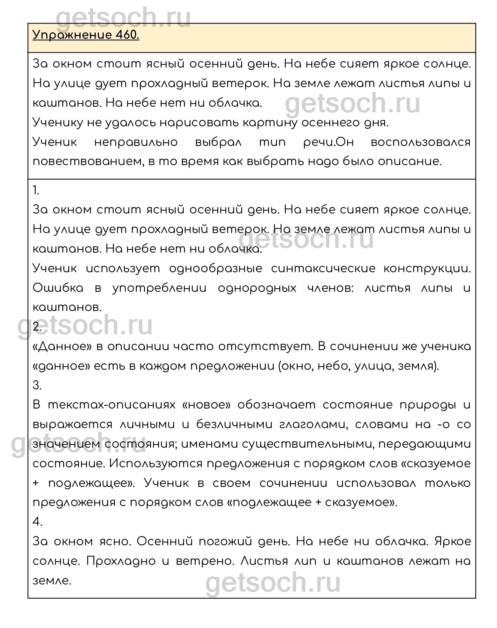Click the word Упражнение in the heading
pyautogui.click(x=71, y=36)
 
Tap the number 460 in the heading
pyautogui.click(x=127, y=36)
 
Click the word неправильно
pyautogui.click(x=136, y=142)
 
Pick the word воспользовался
pyautogui.click(x=421, y=142)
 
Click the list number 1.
pyautogui.click(x=36, y=191)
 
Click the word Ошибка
pyautogui.click(x=58, y=288)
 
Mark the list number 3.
pyautogui.click(x=37, y=385)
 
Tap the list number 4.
pyautogui.click(x=37, y=522)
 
